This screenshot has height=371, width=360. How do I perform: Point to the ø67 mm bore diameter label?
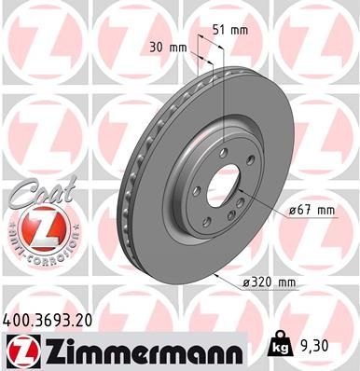(311, 210)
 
